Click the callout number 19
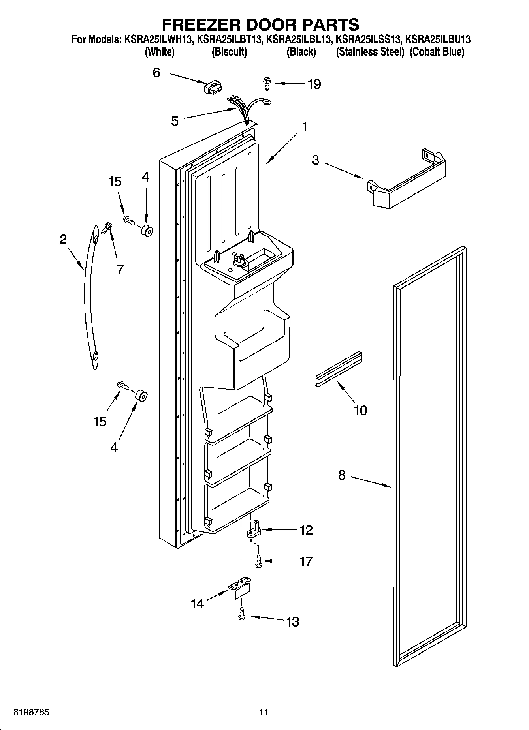click(314, 84)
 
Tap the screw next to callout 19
click(266, 84)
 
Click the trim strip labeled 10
click(339, 369)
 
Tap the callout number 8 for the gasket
click(342, 475)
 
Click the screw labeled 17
click(258, 561)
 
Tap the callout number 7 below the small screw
click(120, 269)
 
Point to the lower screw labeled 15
click(122, 385)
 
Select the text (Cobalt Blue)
click(437, 52)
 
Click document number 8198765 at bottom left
click(32, 712)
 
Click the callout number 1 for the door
click(304, 127)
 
